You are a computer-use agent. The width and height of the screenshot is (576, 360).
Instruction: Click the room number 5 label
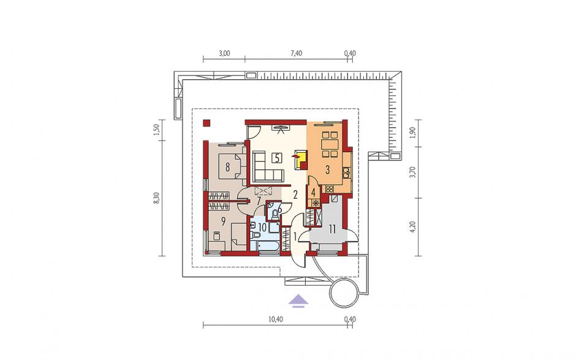[277, 158]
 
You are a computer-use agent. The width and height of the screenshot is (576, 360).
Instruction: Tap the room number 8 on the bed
[227, 167]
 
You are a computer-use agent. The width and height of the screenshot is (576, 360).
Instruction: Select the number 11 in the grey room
[332, 229]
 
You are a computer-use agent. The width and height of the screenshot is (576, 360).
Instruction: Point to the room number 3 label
[327, 169]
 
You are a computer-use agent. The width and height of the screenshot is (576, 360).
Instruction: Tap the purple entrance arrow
[298, 300]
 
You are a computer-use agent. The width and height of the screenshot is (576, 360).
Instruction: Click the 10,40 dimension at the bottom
[276, 319]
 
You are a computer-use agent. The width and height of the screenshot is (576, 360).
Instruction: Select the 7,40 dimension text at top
[296, 53]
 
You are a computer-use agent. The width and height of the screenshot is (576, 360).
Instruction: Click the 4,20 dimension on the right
[414, 227]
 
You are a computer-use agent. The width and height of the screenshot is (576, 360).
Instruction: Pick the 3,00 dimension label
[224, 53]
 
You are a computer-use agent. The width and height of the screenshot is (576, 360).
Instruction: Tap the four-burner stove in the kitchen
[330, 189]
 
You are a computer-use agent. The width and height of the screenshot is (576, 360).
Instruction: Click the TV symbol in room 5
[281, 129]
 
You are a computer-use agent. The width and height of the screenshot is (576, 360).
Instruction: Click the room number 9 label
[222, 221]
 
